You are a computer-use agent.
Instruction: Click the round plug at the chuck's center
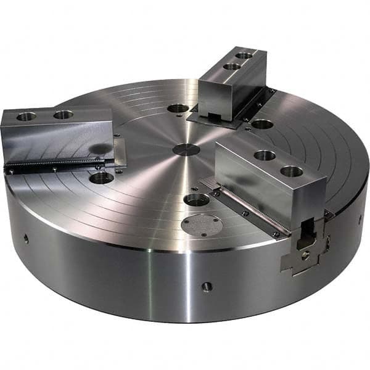[186, 149]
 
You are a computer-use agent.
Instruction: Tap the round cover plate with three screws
[202, 225]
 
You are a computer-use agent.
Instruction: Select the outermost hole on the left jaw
[27, 116]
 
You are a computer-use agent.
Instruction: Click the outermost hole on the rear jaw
[245, 55]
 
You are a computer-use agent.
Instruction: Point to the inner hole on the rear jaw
[232, 66]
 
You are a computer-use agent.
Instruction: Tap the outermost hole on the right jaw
[292, 171]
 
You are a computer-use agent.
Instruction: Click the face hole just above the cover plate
[197, 199]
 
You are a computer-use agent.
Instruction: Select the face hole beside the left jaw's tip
[102, 178]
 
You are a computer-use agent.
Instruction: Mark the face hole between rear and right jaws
[262, 124]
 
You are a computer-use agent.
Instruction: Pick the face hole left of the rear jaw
[178, 109]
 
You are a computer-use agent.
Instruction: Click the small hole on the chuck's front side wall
[207, 286]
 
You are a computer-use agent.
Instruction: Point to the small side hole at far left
[26, 239]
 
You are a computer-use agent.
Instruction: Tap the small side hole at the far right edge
[360, 219]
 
